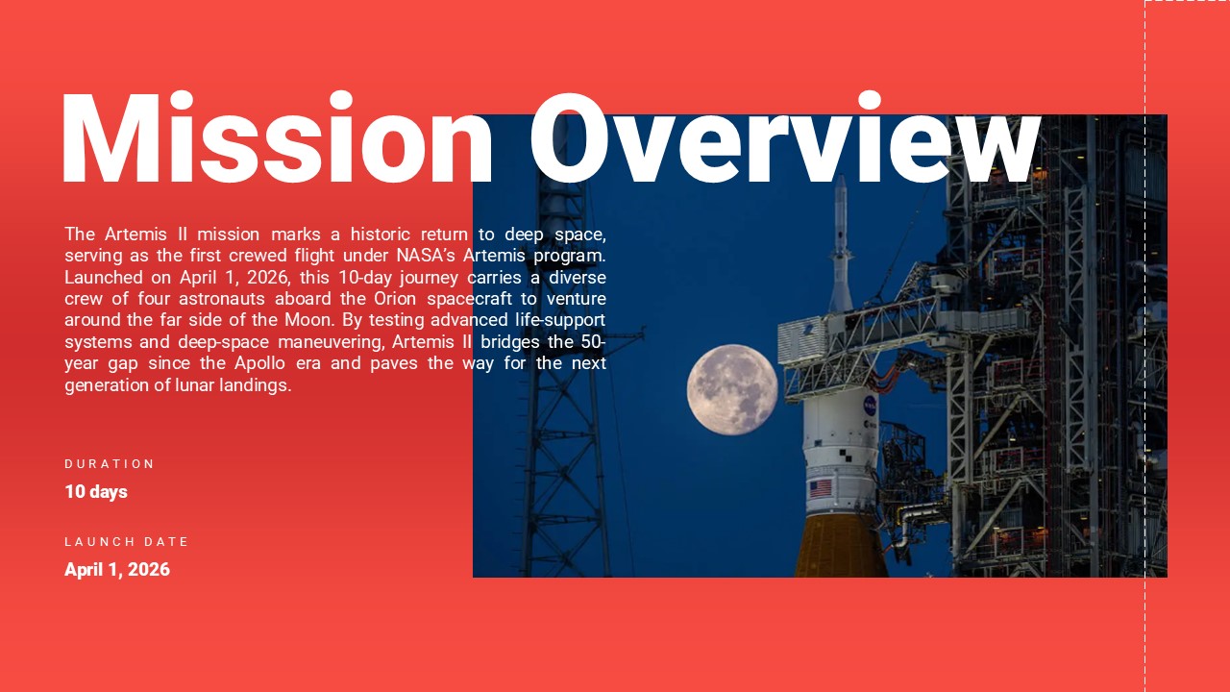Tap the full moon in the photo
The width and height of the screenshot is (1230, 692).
[x=732, y=389]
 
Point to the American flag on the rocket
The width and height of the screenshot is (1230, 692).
[x=820, y=488]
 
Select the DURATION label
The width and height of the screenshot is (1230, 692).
[x=110, y=463]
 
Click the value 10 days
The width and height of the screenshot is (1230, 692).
[x=96, y=491]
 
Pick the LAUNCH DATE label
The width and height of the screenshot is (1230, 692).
[x=127, y=541]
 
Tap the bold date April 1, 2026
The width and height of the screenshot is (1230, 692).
[x=117, y=569]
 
